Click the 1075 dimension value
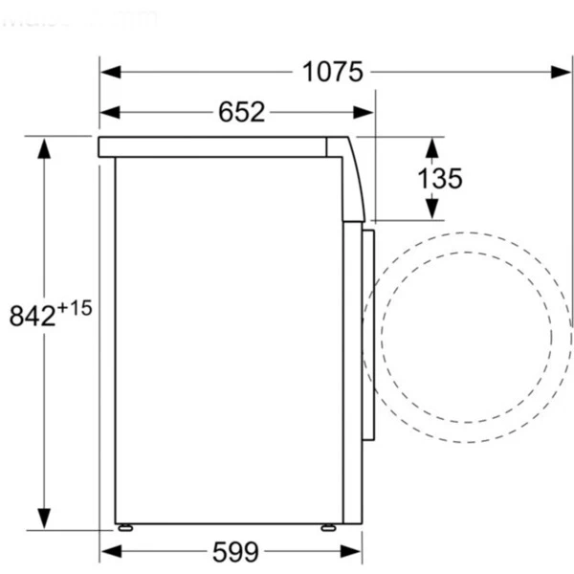[x=333, y=72]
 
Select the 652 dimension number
[x=241, y=112]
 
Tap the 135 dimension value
[x=439, y=177]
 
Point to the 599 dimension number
[x=235, y=551]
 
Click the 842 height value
[x=33, y=316]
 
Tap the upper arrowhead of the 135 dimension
[x=431, y=146]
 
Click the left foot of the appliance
[x=123, y=527]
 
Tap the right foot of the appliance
[x=328, y=527]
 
